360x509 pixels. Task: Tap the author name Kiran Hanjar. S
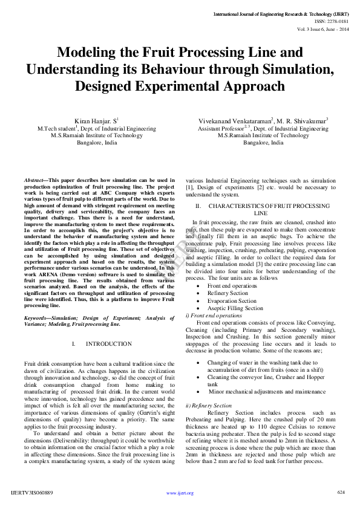click(x=94, y=122)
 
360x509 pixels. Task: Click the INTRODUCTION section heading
click(x=108, y=344)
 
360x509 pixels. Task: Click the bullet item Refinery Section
click(x=227, y=293)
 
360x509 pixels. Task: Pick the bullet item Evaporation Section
click(x=232, y=300)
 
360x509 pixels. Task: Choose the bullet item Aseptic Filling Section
click(x=235, y=308)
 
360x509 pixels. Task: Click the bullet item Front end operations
click(x=232, y=285)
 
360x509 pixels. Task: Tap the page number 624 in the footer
click(x=341, y=492)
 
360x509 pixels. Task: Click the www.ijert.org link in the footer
click(x=180, y=493)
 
